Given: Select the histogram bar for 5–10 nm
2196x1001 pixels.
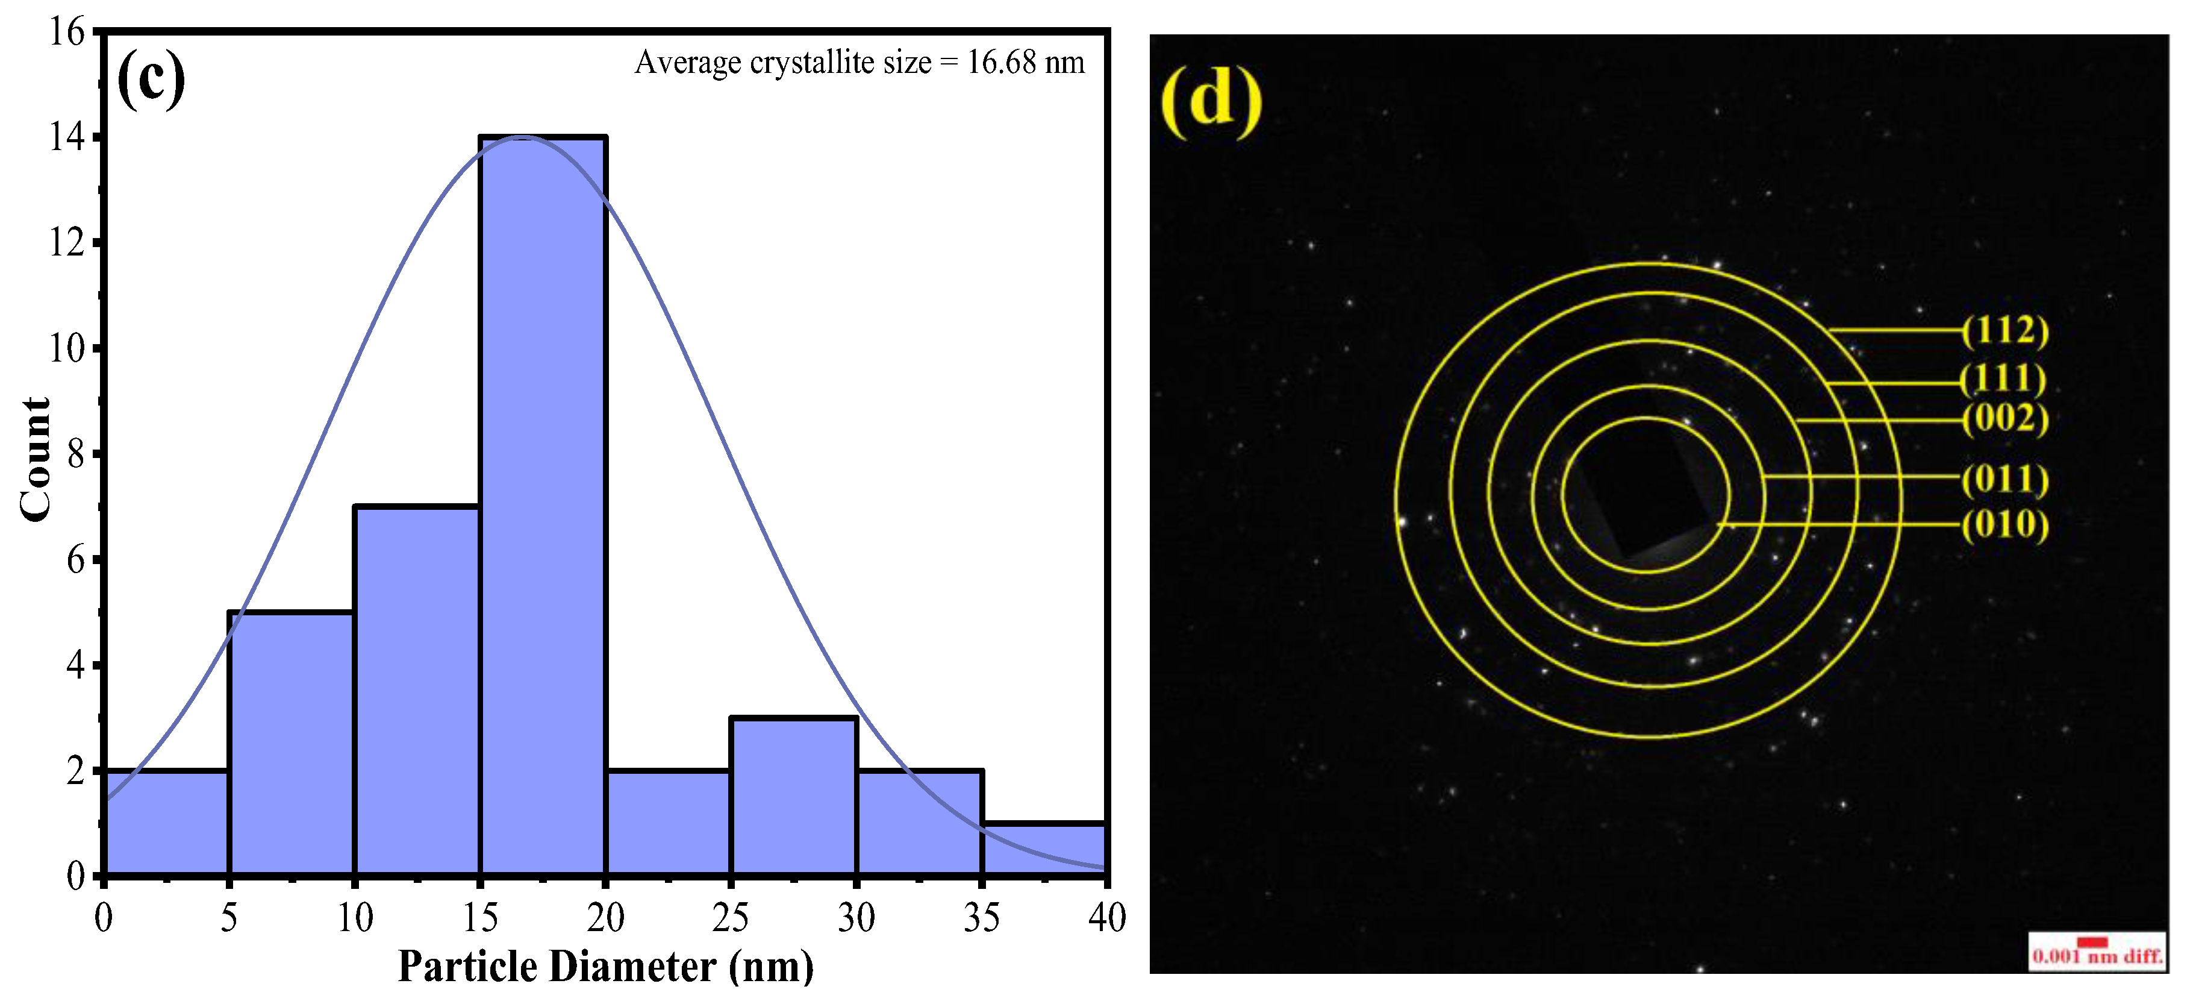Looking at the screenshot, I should (x=292, y=742).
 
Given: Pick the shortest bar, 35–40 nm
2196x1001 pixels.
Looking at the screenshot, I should (x=1044, y=849).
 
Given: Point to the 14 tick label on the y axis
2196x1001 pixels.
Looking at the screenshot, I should (x=68, y=137).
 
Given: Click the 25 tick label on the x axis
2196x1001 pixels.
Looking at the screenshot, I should (x=731, y=918).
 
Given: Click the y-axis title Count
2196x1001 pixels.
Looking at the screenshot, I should (x=36, y=459).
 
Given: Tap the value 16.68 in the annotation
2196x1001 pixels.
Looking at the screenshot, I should (x=1002, y=62).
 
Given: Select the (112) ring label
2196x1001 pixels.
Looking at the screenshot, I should (x=2004, y=330).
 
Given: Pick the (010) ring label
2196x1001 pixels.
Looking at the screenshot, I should (x=2004, y=524).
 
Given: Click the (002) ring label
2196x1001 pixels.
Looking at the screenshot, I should (x=2004, y=419).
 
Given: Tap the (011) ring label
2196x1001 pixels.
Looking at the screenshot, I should (x=2004, y=479).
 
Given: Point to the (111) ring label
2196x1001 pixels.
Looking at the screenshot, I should (x=2003, y=378).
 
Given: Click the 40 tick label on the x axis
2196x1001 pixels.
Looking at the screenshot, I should (x=1106, y=918).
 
